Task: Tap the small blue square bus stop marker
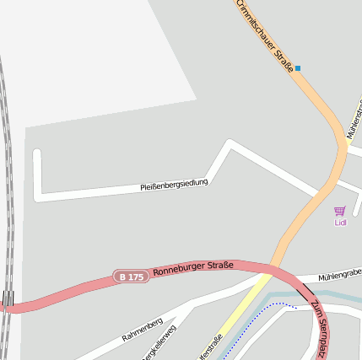[x=297, y=67]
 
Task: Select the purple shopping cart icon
[x=339, y=211]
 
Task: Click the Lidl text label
[x=340, y=223]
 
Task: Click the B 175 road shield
[x=131, y=277]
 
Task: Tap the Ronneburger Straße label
[x=193, y=268]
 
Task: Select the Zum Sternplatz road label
[x=320, y=329]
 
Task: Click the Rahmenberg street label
[x=141, y=330]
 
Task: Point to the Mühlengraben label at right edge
[x=339, y=274]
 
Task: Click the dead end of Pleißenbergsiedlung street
[x=36, y=154]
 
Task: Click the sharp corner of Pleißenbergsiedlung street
[x=230, y=142]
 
